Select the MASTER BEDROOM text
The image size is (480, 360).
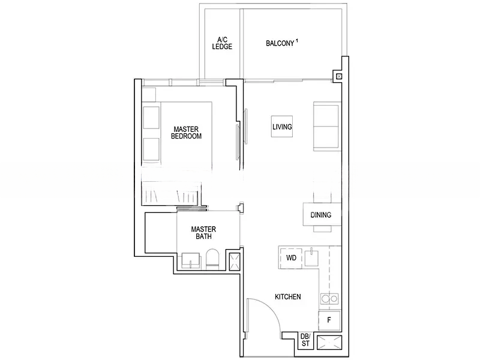pyautogui.click(x=187, y=133)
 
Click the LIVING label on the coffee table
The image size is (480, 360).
pyautogui.click(x=282, y=127)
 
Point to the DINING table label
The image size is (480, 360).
pyautogui.click(x=321, y=215)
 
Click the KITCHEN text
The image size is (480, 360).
pyautogui.click(x=288, y=297)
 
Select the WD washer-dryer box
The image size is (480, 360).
pyautogui.click(x=290, y=258)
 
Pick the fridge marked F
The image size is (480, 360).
pyautogui.click(x=329, y=320)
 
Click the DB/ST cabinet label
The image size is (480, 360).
pyautogui.click(x=305, y=340)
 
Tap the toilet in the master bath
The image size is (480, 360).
pyautogui.click(x=212, y=259)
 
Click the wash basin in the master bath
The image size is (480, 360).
pyautogui.click(x=191, y=260)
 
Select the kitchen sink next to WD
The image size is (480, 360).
pyautogui.click(x=312, y=258)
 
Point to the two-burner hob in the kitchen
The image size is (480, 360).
pyautogui.click(x=328, y=298)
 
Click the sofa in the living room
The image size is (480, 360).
pyautogui.click(x=326, y=125)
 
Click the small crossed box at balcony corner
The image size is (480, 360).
pyautogui.click(x=338, y=77)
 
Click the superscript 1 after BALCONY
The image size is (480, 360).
pyautogui.click(x=298, y=41)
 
